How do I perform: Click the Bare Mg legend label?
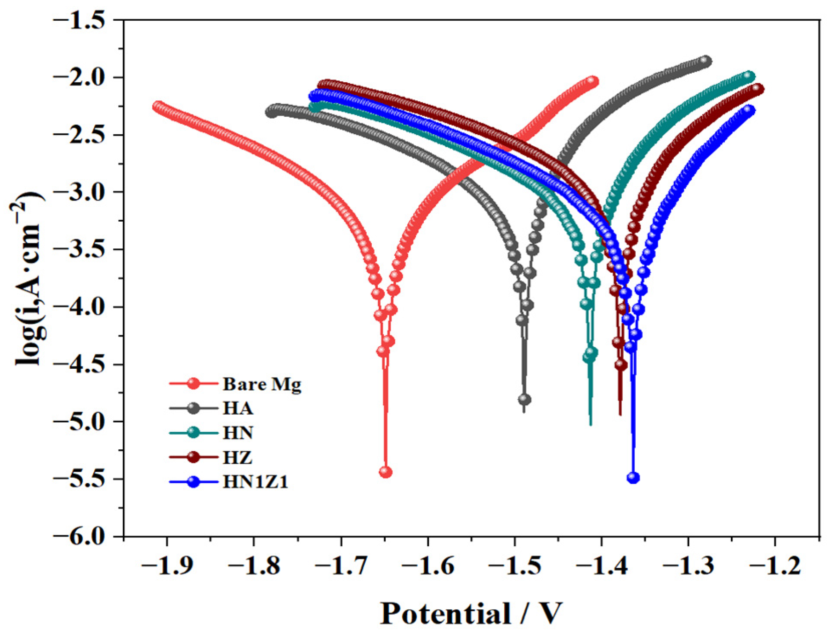tap(262, 384)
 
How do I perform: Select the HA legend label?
tap(238, 408)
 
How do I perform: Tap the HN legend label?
tap(238, 433)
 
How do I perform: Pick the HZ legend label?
tap(237, 458)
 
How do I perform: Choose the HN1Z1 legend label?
tap(255, 482)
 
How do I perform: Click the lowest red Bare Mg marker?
tap(386, 472)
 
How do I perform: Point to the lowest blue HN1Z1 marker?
tap(633, 478)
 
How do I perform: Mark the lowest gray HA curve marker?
tap(524, 400)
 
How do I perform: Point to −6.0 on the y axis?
tap(85, 536)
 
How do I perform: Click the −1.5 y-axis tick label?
tap(85, 20)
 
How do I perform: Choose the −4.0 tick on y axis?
tap(85, 307)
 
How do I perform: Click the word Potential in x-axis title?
tap(445, 613)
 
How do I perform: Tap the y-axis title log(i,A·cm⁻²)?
tap(28, 278)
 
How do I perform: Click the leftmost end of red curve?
tap(158, 107)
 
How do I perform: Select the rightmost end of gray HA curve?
tap(706, 61)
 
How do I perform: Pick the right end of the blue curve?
tap(749, 110)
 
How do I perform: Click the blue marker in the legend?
tap(194, 482)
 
